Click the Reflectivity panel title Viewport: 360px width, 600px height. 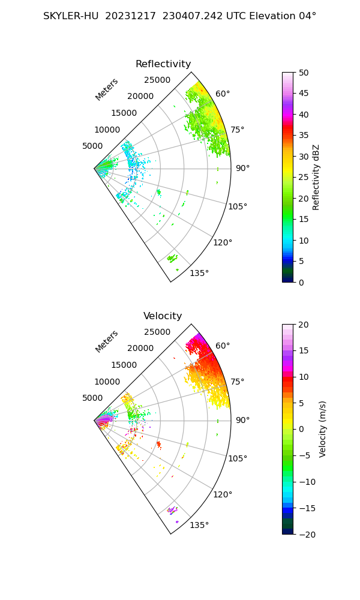[x=163, y=64]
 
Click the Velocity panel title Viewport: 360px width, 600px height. [x=163, y=316]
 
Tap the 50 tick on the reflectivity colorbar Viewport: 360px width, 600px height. [x=304, y=73]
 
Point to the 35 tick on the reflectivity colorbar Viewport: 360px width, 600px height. [x=304, y=136]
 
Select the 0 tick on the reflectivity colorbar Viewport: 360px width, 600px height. [x=301, y=283]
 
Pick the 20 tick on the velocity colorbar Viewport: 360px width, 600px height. [x=304, y=325]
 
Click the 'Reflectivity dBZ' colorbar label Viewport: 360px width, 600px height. [x=316, y=178]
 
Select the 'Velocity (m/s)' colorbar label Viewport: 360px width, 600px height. [x=323, y=430]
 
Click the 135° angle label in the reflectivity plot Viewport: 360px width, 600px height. [x=199, y=273]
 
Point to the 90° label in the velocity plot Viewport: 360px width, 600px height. [x=242, y=420]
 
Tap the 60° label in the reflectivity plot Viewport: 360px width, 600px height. [x=223, y=94]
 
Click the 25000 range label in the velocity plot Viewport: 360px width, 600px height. [x=157, y=332]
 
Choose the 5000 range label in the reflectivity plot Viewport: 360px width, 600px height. [x=92, y=146]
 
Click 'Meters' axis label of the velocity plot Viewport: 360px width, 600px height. [x=106, y=342]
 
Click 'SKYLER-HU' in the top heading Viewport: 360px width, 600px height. [x=71, y=16]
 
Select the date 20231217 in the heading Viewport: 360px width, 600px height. [x=130, y=16]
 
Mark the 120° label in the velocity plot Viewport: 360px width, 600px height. [x=223, y=495]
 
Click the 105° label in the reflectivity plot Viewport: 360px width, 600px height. [x=238, y=206]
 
